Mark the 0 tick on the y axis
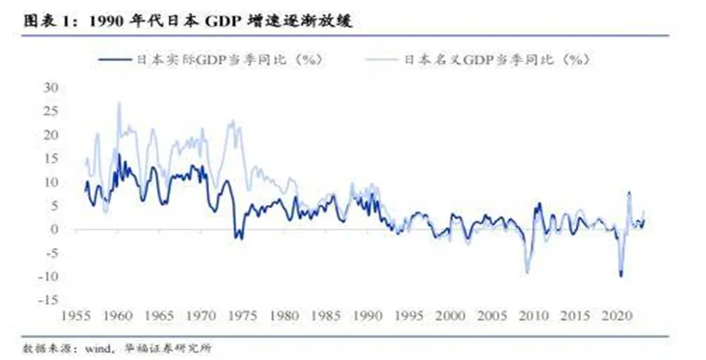coord(55,229)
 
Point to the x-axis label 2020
coord(612,315)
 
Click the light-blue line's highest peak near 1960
coord(119,103)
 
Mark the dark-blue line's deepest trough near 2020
coord(621,276)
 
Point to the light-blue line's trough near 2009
coord(526,272)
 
